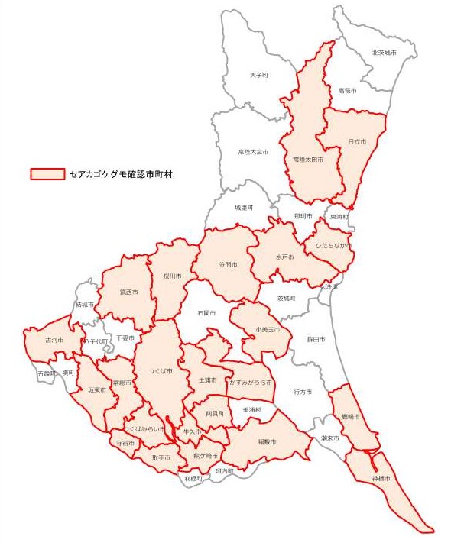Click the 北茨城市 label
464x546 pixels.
[x=384, y=53]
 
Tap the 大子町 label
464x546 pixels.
[x=259, y=75]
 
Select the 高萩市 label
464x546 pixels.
[x=348, y=90]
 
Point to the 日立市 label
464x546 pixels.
[x=357, y=142]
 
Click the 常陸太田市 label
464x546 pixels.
[x=307, y=160]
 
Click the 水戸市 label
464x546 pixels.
[x=285, y=258]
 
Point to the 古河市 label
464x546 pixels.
[x=54, y=340]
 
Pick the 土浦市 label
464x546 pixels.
[x=208, y=380]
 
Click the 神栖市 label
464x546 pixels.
[x=381, y=478]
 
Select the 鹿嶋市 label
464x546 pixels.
[x=351, y=417]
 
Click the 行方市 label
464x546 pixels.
[x=303, y=392]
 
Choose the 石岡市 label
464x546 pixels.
[x=206, y=313]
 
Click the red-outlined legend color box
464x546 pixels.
[x=47, y=174]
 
